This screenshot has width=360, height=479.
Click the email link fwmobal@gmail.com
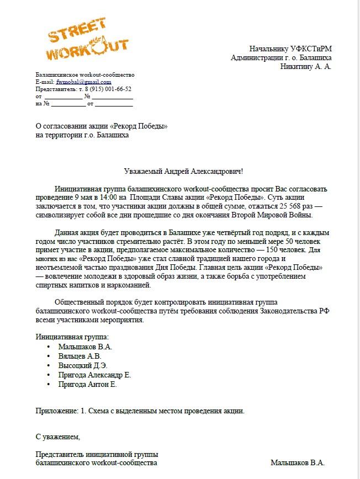83,82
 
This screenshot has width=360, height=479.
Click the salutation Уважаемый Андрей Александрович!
180,172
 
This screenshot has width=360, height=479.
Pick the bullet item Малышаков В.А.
85,347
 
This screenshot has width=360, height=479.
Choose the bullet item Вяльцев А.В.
80,356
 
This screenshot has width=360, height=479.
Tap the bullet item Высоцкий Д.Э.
83,366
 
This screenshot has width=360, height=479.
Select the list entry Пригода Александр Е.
94,375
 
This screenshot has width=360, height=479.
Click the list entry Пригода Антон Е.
87,385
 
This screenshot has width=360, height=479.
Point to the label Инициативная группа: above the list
72,336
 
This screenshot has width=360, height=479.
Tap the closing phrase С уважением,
58,437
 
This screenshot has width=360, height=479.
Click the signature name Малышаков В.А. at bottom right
298,463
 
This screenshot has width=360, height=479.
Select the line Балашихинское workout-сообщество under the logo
85,74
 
